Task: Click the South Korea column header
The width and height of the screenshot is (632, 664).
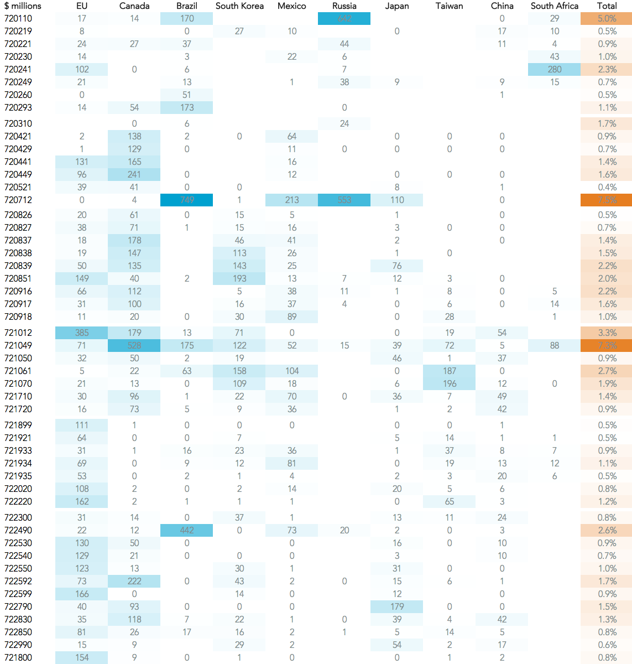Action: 239,6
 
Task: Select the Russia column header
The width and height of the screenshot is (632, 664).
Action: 344,6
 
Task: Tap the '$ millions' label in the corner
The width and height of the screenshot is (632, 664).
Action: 23,6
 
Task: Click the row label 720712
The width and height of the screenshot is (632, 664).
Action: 18,200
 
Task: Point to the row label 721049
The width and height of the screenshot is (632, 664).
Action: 18,345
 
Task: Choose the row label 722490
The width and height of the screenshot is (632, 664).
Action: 18,530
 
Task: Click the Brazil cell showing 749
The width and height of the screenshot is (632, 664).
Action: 187,200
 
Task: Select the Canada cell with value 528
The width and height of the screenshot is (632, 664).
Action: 134,345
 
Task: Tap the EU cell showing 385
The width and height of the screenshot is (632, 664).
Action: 82,333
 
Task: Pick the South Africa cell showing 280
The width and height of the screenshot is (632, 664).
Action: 554,69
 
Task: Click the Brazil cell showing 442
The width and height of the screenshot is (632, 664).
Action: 187,530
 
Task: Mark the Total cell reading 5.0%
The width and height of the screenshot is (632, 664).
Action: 607,19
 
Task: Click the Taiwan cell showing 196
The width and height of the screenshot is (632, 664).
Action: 449,383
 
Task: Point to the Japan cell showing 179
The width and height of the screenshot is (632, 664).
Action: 396,606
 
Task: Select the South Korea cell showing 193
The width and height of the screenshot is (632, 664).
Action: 239,278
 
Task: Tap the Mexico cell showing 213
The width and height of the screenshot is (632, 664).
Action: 291,200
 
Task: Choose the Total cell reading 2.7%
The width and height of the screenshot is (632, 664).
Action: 607,371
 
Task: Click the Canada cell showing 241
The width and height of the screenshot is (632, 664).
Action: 134,174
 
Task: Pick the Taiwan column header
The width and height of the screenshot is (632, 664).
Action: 449,6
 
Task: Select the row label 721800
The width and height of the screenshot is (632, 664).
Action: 18,657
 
